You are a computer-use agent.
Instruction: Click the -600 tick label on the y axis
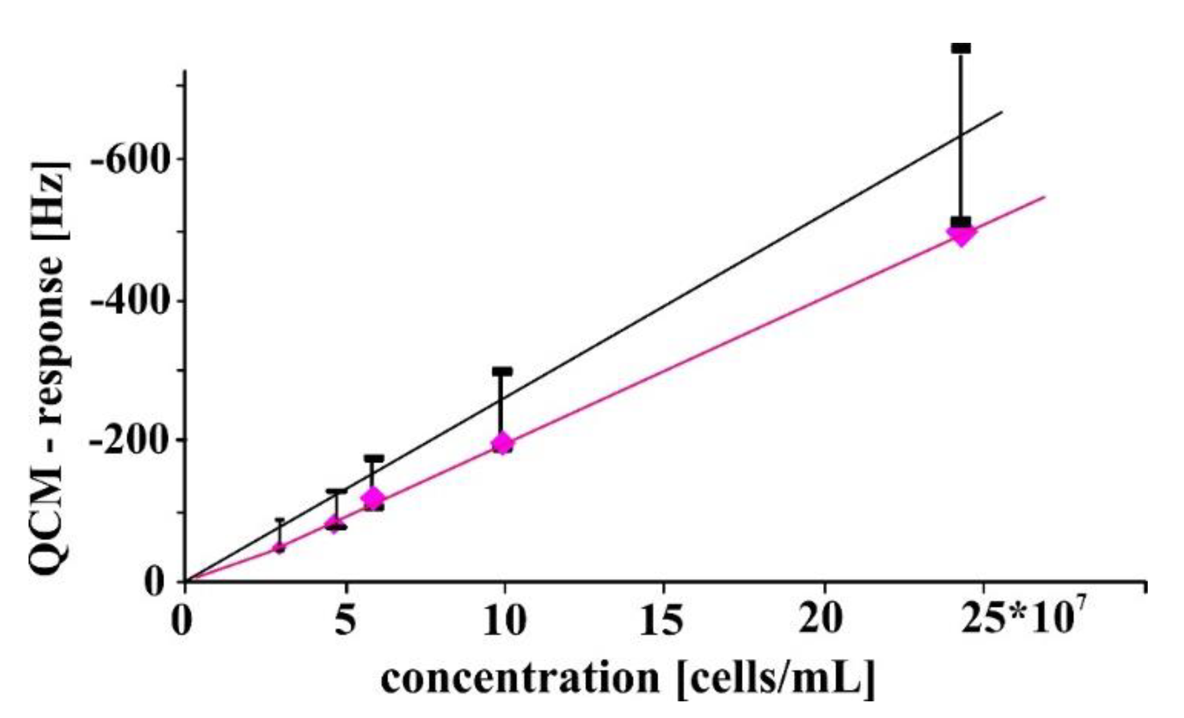click(128, 159)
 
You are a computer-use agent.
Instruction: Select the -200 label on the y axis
click(128, 441)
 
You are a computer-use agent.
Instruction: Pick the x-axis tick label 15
click(662, 620)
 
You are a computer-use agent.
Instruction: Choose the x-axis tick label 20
click(822, 620)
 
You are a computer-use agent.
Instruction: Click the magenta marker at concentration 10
click(503, 443)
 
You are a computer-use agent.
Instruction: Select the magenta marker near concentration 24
click(961, 234)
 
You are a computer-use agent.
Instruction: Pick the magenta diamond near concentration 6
click(373, 497)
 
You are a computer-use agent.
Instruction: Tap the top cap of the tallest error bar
click(961, 48)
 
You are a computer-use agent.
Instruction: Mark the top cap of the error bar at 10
click(503, 372)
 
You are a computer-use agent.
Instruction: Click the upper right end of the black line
click(1002, 112)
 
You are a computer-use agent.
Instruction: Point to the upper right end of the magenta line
click(1044, 197)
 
